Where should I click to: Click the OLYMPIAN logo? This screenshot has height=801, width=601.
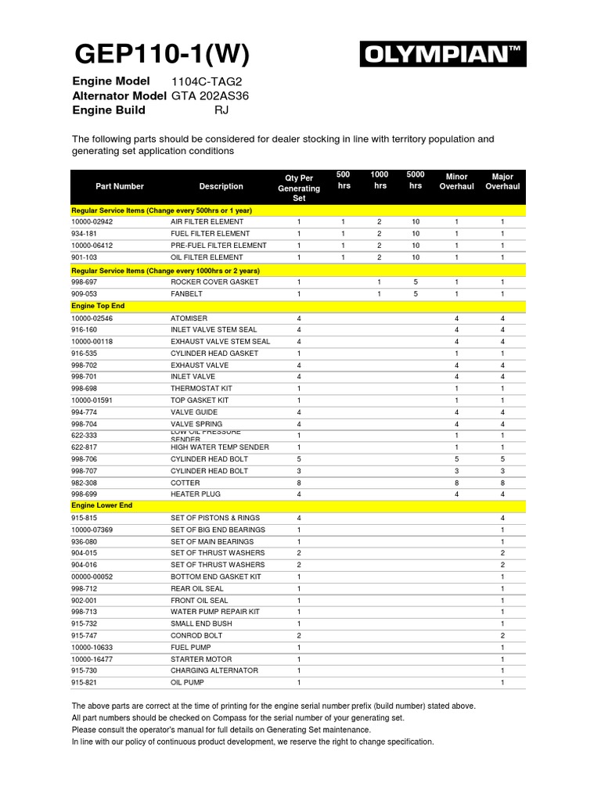pos(443,55)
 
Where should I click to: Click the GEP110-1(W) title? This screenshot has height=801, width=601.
pos(162,55)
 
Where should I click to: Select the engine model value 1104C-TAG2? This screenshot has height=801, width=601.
pos(201,82)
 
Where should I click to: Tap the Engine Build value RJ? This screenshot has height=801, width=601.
pos(222,110)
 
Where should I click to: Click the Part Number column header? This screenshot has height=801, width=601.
pos(120,187)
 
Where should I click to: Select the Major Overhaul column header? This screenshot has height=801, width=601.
pos(502,181)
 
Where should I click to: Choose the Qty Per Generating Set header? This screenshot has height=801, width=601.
pos(299,188)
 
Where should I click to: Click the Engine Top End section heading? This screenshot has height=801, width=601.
pos(98,306)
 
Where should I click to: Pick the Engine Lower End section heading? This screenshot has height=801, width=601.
pos(102,506)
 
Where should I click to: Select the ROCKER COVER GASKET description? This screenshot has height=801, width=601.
pos(214,282)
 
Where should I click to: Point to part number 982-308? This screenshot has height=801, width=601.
pos(85,483)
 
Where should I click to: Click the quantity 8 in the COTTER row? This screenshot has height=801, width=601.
pos(299,483)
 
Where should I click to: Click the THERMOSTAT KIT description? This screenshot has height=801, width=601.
pos(201,389)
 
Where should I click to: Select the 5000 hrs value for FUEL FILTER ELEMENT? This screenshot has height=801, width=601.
pos(416,234)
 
